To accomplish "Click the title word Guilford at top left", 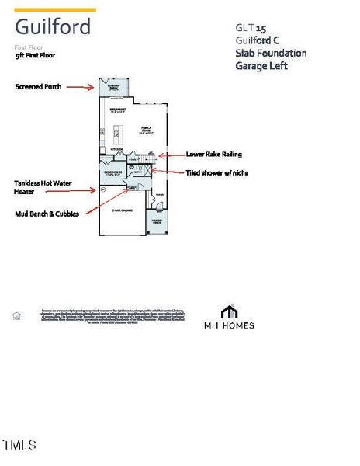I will click(x=52, y=27).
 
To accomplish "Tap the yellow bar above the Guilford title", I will click(x=55, y=10).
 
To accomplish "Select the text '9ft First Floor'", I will click(x=35, y=56).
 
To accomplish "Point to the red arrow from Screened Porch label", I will click(x=81, y=87).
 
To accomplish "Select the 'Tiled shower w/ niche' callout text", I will click(x=219, y=172).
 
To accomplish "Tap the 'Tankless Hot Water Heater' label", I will click(x=42, y=188).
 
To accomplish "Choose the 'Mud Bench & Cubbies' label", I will click(x=47, y=214).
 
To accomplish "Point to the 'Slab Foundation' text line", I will click(x=271, y=53).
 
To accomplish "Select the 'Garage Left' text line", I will click(x=261, y=66).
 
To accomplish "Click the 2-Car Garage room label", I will click(x=122, y=210).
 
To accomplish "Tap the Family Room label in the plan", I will click(x=145, y=128).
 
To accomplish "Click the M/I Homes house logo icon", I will click(x=228, y=312).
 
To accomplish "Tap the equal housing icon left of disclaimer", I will click(x=16, y=315).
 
